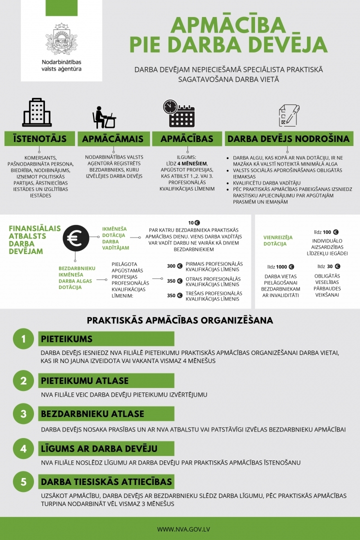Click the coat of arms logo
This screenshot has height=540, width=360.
61,39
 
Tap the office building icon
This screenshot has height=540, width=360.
37,112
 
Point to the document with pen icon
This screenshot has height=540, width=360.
288,115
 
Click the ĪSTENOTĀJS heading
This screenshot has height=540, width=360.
39,138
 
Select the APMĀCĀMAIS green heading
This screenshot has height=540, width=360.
113,138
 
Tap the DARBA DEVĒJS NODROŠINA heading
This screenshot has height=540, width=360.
288,138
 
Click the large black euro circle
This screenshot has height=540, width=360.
76,238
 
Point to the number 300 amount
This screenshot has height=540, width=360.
171,266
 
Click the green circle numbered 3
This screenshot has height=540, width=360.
23,414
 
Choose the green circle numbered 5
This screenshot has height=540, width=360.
23,482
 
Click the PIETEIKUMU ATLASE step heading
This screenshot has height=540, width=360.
84,380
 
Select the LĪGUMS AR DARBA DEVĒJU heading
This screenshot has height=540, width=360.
99,448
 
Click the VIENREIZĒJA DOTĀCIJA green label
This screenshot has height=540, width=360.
278,240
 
